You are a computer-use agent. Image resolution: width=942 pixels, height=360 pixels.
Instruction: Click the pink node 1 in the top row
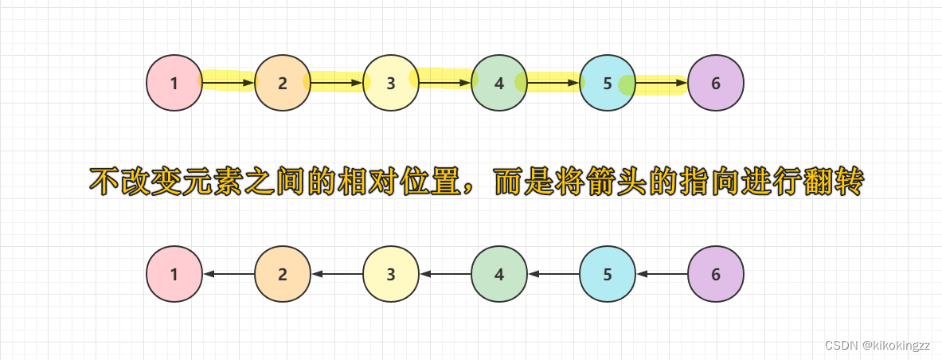click(x=174, y=82)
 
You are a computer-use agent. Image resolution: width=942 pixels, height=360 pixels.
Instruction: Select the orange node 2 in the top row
click(x=283, y=82)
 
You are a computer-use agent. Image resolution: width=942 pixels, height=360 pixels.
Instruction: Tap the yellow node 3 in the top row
click(x=391, y=82)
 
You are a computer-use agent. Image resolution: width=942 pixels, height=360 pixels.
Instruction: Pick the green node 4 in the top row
click(x=499, y=82)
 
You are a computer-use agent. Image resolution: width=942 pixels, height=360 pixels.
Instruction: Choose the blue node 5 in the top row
click(x=608, y=82)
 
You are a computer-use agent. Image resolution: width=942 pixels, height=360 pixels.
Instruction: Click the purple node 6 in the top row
click(x=716, y=82)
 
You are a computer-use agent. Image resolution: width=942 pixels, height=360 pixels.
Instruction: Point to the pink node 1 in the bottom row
click(x=174, y=274)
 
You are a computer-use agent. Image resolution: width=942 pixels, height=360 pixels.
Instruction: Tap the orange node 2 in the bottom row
click(x=283, y=274)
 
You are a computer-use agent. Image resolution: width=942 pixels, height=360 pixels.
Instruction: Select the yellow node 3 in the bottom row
click(x=391, y=274)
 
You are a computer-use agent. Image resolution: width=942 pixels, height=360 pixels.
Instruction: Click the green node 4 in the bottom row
click(x=499, y=274)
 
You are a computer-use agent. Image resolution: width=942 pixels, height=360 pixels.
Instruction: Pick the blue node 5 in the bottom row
click(x=608, y=274)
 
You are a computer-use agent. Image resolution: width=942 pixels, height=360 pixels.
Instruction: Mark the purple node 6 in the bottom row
click(x=716, y=274)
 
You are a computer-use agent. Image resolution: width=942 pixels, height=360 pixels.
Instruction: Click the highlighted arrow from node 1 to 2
click(x=229, y=82)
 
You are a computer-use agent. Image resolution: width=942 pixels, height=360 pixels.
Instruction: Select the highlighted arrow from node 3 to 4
click(x=445, y=82)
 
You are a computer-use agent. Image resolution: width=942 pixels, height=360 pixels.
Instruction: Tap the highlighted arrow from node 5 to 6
click(x=662, y=82)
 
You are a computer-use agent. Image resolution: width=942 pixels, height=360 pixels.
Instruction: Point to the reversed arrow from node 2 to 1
click(x=229, y=274)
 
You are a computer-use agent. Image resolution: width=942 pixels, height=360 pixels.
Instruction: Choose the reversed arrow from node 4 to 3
click(x=445, y=274)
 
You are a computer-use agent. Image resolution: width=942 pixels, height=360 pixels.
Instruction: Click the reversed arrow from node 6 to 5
click(x=662, y=274)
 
